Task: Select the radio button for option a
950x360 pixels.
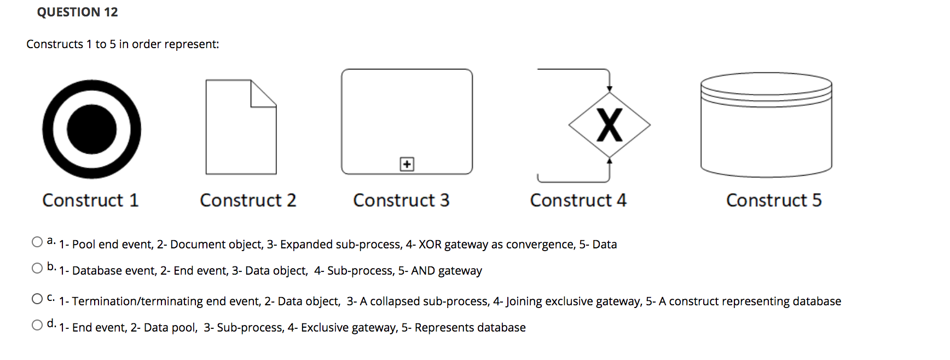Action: coord(37,242)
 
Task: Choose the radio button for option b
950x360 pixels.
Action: coord(37,268)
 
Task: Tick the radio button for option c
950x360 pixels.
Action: coord(37,299)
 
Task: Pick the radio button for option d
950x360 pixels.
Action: coord(37,325)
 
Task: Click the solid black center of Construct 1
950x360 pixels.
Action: coord(91,130)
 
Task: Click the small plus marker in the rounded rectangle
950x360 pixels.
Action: coord(407,164)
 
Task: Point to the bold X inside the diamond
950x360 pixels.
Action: coord(609,125)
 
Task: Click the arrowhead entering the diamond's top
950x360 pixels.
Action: coord(609,89)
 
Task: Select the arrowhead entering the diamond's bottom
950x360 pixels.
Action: coord(609,160)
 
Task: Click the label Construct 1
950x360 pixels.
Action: coord(90,200)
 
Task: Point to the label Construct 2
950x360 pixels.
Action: coord(248,200)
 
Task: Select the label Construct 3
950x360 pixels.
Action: coord(401,200)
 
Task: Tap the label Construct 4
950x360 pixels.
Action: coord(578,200)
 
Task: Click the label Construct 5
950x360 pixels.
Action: coord(774,200)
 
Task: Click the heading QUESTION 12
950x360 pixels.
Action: coord(77,12)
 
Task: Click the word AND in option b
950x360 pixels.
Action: coord(422,271)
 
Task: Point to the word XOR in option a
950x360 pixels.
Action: coord(430,245)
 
